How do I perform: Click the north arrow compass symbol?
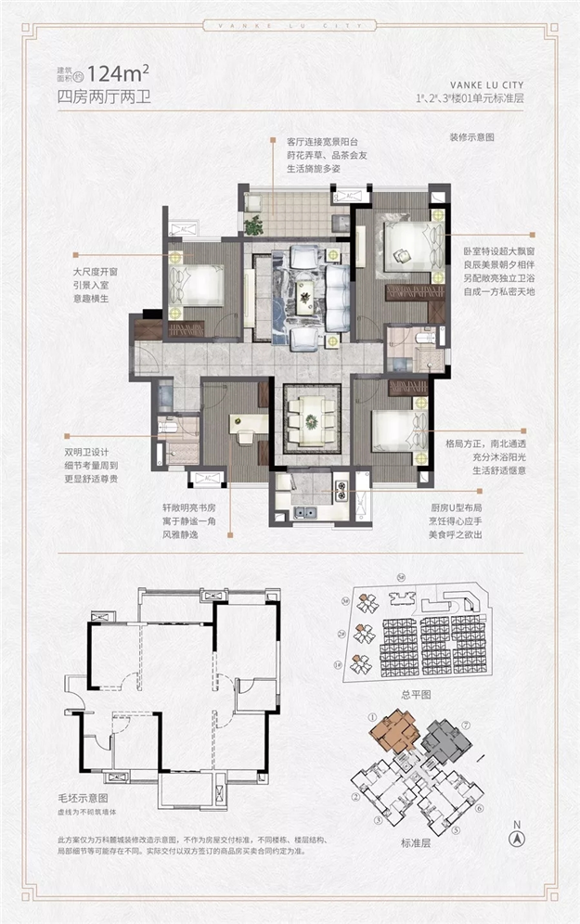(518, 831)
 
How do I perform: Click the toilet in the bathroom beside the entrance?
(168, 429)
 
